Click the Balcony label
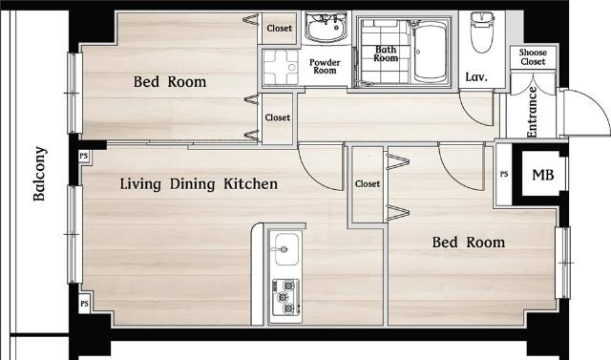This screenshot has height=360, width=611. (40, 174)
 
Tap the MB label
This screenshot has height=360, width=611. (543, 175)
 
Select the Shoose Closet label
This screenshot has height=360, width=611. (533, 57)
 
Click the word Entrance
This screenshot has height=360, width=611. (532, 113)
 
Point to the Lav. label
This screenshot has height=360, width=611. (476, 76)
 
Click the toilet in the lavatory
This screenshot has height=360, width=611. (482, 32)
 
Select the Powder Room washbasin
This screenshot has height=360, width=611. (327, 28)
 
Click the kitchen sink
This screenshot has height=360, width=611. (287, 249)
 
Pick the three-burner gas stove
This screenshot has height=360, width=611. (285, 298)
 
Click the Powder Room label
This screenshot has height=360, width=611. (325, 67)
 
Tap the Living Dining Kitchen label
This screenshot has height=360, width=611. (199, 184)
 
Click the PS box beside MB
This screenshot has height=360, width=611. (504, 174)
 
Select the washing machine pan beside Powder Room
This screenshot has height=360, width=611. (280, 68)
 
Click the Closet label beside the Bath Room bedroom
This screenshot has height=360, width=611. (280, 29)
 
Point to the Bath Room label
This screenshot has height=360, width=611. (386, 53)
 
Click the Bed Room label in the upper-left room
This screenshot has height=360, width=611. (170, 82)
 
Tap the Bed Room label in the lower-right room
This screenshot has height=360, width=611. (469, 243)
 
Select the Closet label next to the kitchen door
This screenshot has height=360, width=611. (367, 183)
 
